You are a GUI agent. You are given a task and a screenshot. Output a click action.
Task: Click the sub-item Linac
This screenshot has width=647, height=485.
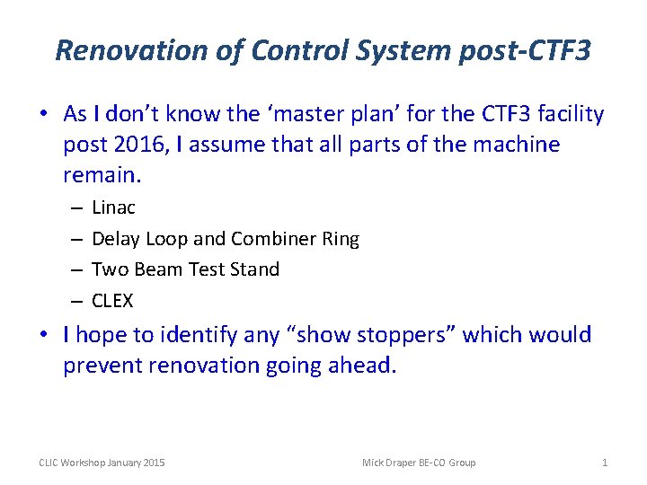click(x=113, y=207)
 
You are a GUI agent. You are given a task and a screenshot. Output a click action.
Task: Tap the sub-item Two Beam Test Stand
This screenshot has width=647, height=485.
click(x=185, y=269)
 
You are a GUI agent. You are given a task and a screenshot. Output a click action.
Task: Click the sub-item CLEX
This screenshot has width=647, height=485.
click(x=113, y=300)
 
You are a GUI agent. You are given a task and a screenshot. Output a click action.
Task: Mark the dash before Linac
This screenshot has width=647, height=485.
click(x=73, y=207)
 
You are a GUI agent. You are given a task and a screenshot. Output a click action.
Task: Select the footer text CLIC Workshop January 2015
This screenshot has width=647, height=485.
click(x=102, y=463)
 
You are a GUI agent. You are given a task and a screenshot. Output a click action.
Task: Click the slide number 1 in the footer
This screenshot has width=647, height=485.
click(x=605, y=463)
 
